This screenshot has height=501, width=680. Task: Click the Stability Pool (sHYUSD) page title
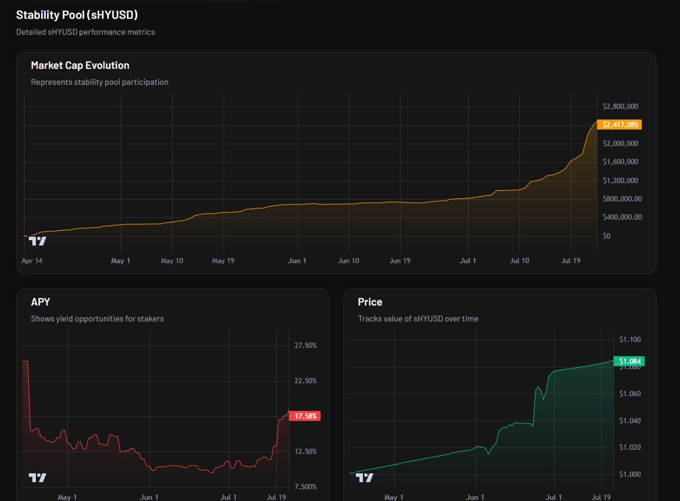pos(76,15)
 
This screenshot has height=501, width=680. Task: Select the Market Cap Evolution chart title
pos(80,65)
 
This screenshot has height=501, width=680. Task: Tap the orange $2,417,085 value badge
pos(619,125)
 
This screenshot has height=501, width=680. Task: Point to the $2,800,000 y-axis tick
pos(621,107)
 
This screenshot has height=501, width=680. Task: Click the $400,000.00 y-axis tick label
pos(622,217)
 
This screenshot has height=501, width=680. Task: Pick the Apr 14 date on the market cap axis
pos(32,260)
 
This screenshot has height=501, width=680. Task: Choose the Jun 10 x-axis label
pos(349,260)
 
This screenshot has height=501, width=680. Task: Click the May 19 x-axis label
pos(223,260)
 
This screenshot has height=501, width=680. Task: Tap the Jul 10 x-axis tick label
pos(519,260)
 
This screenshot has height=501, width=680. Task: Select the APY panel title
pos(41,302)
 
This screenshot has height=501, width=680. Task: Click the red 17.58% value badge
pos(305,416)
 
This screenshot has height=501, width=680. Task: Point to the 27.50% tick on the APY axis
pos(305,346)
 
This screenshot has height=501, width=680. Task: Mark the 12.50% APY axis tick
pos(305,452)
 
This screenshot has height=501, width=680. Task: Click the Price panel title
pos(370,302)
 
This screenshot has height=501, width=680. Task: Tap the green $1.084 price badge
pos(629,361)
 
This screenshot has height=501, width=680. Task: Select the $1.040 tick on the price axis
pos(629,421)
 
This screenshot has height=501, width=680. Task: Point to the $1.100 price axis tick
pos(629,340)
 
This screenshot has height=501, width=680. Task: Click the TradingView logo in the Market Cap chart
pos(37,241)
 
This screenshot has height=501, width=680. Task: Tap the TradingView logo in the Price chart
pos(364,477)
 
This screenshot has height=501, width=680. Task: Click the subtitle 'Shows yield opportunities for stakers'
pos(97,318)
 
